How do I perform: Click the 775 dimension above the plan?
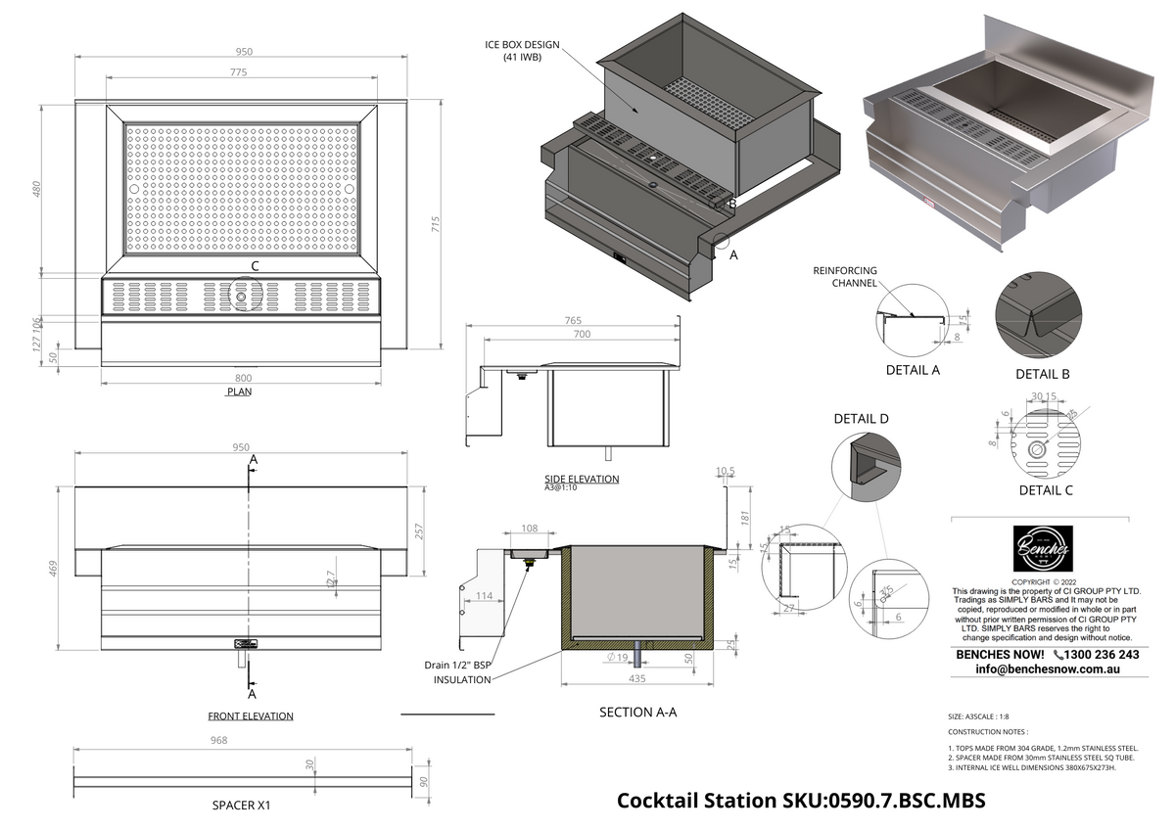(239, 72)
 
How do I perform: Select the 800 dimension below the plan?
(243, 378)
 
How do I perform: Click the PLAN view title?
(240, 392)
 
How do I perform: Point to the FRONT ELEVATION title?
(251, 716)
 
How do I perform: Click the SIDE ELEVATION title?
(582, 479)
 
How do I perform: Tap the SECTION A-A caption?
(637, 713)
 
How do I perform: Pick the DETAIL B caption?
(1042, 374)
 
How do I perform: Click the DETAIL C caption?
(1046, 490)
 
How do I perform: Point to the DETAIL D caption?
(861, 419)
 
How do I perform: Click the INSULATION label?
(461, 680)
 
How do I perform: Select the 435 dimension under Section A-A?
(635, 676)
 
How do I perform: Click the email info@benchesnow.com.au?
(1047, 669)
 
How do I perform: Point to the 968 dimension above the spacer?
(218, 741)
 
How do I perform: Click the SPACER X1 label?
(241, 807)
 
